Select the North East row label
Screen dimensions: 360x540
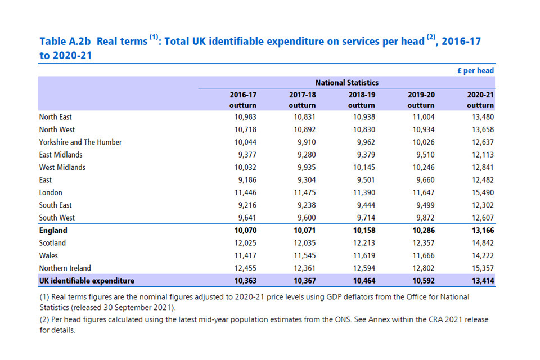pos(55,117)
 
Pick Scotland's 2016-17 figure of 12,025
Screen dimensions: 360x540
pos(245,243)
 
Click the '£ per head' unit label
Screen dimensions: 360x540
pos(475,71)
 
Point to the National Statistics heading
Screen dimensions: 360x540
pos(346,83)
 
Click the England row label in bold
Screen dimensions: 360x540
pos(53,230)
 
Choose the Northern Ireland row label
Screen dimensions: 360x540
pos(65,268)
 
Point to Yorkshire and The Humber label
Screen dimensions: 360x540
pos(80,142)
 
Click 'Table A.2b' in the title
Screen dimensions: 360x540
pos(65,42)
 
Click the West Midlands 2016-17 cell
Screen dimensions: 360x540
pos(245,167)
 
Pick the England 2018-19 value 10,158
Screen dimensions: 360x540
pos(363,230)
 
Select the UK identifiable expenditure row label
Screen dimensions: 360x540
pos(87,280)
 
